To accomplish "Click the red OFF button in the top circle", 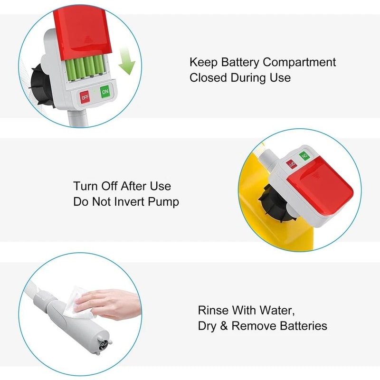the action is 85,97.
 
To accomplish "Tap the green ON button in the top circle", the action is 105,92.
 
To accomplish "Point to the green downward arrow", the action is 126,61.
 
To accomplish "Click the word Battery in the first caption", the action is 240,62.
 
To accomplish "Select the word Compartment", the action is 299,62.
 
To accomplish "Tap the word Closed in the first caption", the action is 208,77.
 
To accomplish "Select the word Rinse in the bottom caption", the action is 213,310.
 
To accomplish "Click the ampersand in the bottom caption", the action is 224,326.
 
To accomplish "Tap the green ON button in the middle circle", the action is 304,156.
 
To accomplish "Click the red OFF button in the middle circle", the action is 292,164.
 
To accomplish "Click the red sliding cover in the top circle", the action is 82,34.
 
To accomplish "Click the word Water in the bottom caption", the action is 277,311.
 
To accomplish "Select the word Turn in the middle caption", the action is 85,186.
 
